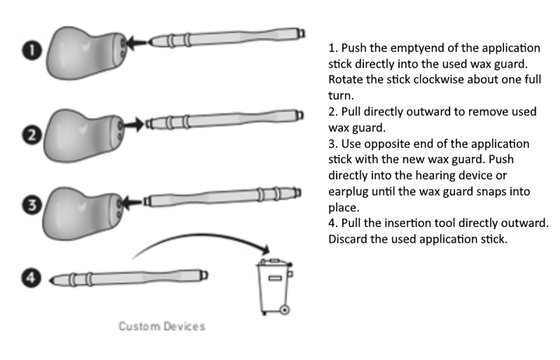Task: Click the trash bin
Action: (274, 285)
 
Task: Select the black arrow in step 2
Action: (134, 123)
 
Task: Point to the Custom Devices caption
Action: (162, 326)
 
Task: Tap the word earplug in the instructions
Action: (349, 193)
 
